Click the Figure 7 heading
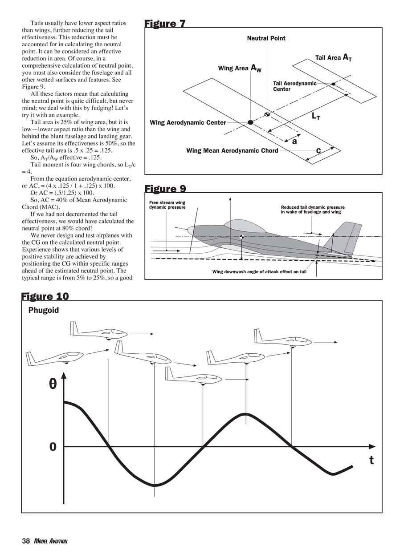tap(165, 24)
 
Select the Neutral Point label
tap(266, 38)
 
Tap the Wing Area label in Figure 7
tap(239, 68)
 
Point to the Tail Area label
tap(333, 57)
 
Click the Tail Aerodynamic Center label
tap(294, 86)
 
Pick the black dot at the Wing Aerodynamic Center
tap(250, 122)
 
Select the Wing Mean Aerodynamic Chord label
tap(232, 151)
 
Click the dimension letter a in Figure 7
tap(294, 142)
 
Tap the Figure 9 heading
tap(165, 189)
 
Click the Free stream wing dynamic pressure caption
tap(167, 205)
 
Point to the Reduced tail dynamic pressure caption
tap(313, 210)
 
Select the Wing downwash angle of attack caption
tap(259, 271)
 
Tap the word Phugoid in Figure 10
tap(44, 310)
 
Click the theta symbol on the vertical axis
tap(53, 384)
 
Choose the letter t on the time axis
tap(371, 460)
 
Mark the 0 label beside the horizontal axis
tap(53, 447)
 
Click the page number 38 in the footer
tap(26, 541)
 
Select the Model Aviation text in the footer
tap(50, 542)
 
